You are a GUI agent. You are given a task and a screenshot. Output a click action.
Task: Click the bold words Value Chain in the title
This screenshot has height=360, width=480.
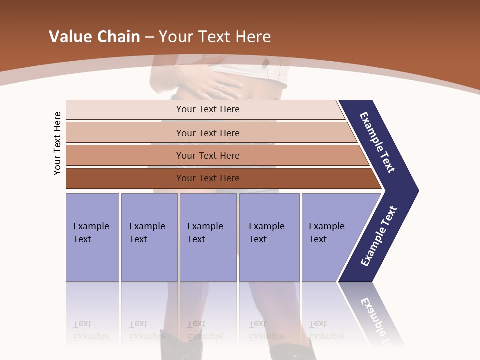coord(94,37)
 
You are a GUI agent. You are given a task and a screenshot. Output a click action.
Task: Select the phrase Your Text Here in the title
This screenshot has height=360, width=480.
coord(215,37)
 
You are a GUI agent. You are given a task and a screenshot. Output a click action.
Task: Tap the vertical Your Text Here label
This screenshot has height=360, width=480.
coord(58,143)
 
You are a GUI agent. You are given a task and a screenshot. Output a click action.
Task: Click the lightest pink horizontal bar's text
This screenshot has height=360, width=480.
coord(208,109)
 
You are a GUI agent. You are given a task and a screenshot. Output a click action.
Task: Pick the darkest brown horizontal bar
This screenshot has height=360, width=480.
coord(220,178)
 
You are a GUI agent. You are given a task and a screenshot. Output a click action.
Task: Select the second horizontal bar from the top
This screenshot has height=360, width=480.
coord(210,133)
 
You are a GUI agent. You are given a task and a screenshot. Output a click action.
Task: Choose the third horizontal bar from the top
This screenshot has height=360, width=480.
coord(215,156)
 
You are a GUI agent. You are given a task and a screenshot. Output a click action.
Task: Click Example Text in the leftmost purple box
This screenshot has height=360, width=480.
coord(91,233)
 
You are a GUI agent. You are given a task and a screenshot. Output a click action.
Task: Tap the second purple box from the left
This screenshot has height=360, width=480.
coord(149,237)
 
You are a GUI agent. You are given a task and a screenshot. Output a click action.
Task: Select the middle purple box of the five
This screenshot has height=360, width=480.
coord(208,237)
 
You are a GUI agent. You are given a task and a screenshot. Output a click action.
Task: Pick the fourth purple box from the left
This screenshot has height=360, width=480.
coord(269,237)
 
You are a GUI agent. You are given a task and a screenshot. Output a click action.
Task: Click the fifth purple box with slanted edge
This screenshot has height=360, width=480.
coord(330,237)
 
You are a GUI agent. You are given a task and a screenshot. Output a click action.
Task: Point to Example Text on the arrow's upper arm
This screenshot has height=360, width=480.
coord(377,142)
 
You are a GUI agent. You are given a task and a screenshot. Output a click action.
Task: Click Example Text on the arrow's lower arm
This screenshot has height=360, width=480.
coord(378,236)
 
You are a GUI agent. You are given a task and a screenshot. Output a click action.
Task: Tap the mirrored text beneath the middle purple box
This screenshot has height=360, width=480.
coord(205,330)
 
